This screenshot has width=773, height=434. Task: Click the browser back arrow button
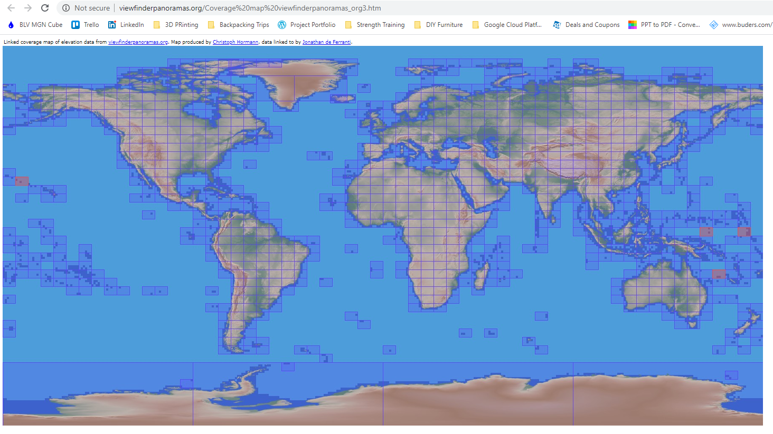(11, 8)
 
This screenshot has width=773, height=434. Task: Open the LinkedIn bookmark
(126, 25)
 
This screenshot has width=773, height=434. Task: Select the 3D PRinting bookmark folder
(176, 25)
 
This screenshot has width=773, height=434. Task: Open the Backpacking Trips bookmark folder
(239, 25)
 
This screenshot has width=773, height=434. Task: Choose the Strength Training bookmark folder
(375, 25)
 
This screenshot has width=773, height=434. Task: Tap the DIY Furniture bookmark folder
(439, 25)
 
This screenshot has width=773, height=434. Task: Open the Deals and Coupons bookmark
(587, 25)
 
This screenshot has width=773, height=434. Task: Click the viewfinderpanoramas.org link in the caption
(138, 42)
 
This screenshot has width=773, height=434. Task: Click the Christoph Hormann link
(235, 42)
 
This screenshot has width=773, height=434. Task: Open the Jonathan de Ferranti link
(326, 42)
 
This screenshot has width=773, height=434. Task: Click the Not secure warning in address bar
(87, 8)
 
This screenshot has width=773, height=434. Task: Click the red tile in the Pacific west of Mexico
(22, 181)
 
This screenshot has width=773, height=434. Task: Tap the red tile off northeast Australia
(719, 274)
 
